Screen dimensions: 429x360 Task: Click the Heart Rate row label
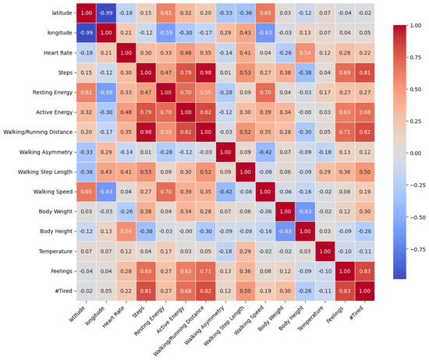(x=58, y=53)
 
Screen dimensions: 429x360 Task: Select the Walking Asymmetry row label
(x=46, y=152)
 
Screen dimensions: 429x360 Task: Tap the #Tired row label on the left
(x=63, y=291)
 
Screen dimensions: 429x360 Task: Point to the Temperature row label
(x=55, y=251)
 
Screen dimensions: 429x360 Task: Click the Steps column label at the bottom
(x=138, y=312)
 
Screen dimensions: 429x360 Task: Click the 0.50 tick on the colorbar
(x=416, y=90)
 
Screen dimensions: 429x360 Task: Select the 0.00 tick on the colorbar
(x=416, y=154)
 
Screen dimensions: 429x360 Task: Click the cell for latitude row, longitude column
(x=106, y=13)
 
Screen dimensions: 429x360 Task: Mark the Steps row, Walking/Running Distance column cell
(x=205, y=72)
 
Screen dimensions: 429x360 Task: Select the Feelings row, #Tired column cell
(x=365, y=271)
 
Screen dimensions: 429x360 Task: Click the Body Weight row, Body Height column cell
(x=305, y=212)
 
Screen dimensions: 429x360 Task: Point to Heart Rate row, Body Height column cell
(x=305, y=53)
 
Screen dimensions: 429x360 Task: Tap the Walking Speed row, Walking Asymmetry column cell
(x=225, y=192)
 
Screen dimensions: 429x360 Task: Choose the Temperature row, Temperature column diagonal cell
(x=325, y=251)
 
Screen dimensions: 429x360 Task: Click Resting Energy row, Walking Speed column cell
(x=265, y=93)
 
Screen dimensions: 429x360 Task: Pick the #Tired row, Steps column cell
(x=146, y=291)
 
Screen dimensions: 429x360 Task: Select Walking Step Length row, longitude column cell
(x=106, y=172)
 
